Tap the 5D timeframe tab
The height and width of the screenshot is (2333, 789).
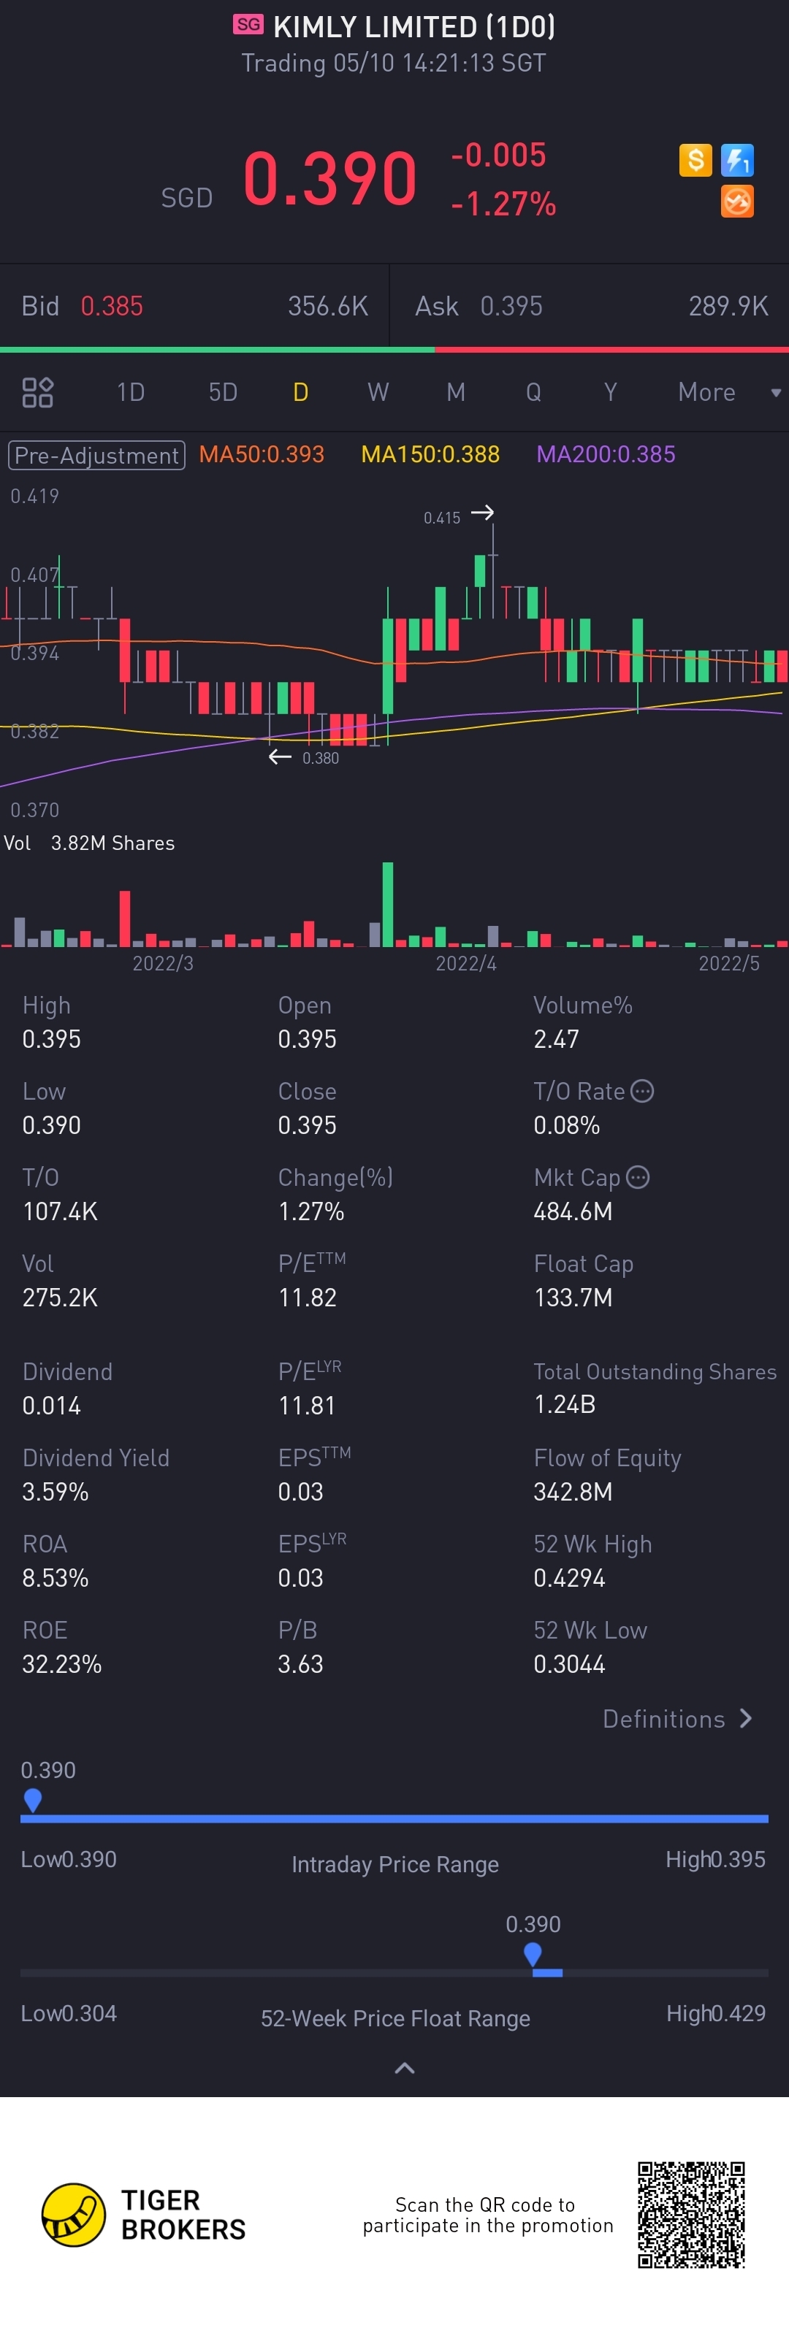coord(223,392)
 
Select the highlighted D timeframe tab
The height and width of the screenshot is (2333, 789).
coord(301,392)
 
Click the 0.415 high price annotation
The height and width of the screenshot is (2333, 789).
coord(442,518)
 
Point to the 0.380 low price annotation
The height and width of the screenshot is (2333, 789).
coord(321,758)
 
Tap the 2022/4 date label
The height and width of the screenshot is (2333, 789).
coord(465,962)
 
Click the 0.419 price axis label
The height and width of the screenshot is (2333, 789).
coord(34,497)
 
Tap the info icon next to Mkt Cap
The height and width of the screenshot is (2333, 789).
coord(639,1177)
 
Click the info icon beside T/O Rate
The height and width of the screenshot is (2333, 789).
coord(642,1092)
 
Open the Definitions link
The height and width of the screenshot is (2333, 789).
coord(676,1719)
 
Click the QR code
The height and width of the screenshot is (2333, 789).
coord(691,2215)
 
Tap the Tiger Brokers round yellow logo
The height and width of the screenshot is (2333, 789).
coord(73,2215)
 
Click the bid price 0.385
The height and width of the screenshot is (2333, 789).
coord(112,306)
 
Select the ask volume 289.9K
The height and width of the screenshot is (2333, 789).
coord(728,306)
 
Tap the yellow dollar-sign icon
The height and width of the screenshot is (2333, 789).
coord(695,161)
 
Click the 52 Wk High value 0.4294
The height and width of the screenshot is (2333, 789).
coord(569,1578)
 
